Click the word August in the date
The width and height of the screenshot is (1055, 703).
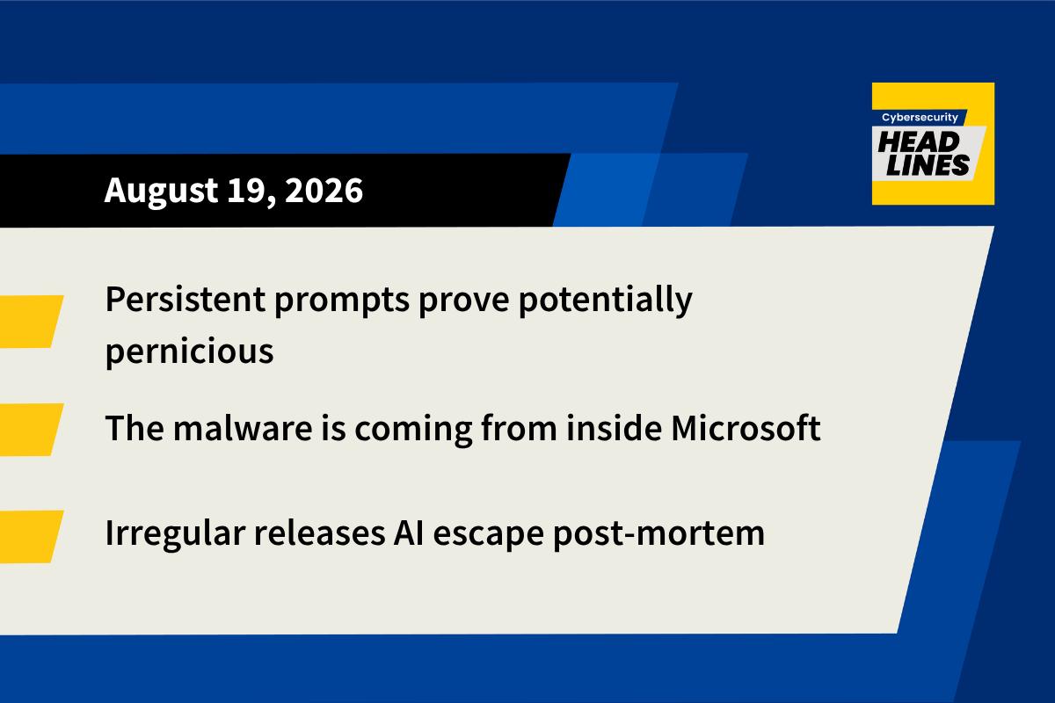161,191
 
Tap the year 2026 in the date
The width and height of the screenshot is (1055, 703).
324,190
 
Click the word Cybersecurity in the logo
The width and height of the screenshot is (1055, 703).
920,117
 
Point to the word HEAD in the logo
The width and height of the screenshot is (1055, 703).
919,142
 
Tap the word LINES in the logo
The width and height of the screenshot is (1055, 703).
928,165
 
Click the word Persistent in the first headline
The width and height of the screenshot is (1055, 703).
186,299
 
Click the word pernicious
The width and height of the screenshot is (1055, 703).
189,351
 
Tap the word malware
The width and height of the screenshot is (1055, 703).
243,428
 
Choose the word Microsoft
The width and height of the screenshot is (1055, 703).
746,428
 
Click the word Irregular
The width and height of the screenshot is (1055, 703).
175,534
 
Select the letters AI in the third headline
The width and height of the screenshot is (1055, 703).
409,533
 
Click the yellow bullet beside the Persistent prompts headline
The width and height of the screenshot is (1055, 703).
29,322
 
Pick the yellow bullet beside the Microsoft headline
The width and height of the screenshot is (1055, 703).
29,430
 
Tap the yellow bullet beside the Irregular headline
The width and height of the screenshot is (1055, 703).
29,536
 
